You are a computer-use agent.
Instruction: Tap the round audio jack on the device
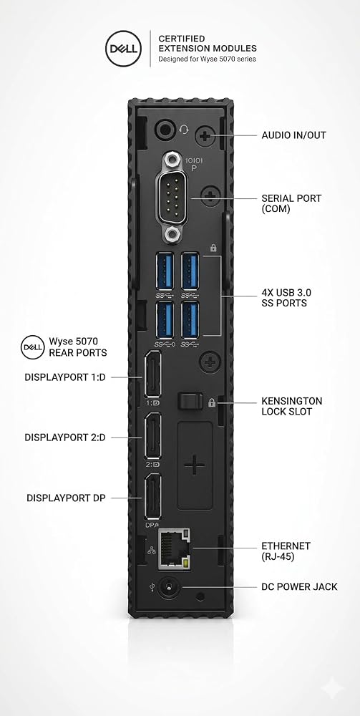click(x=165, y=130)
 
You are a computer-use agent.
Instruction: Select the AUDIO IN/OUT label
click(x=294, y=135)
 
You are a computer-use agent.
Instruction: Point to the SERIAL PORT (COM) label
click(x=291, y=203)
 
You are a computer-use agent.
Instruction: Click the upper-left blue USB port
click(x=165, y=271)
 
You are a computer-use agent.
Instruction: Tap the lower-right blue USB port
click(x=190, y=319)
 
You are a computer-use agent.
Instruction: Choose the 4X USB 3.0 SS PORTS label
click(x=286, y=298)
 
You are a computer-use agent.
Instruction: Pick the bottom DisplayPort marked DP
click(x=152, y=496)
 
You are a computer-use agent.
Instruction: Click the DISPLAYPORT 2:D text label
click(x=65, y=437)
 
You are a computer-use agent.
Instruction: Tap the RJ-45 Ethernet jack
click(x=175, y=549)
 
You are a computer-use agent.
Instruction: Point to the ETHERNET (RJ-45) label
click(x=286, y=551)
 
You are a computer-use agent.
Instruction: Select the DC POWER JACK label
click(x=299, y=587)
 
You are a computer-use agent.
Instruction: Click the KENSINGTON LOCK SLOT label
click(x=291, y=407)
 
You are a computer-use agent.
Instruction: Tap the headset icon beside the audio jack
click(x=184, y=130)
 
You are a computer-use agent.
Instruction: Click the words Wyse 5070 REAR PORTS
click(x=77, y=347)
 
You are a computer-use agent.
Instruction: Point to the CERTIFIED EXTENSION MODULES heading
click(x=207, y=44)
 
